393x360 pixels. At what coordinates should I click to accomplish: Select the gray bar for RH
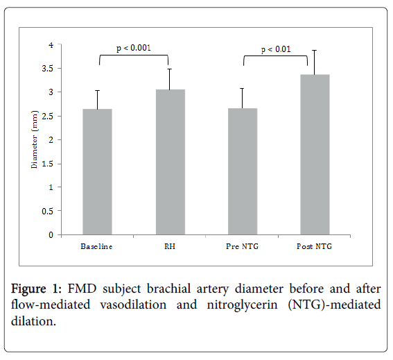[x=170, y=162]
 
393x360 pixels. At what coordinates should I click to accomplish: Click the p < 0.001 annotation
[x=133, y=49]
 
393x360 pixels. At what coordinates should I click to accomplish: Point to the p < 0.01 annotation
[x=275, y=49]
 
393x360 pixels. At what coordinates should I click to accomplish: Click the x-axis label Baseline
[x=96, y=246]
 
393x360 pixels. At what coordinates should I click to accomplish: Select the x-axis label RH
[x=169, y=246]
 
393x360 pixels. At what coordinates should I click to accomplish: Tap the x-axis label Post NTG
[x=314, y=246]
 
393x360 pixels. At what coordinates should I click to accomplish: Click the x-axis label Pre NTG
[x=242, y=246]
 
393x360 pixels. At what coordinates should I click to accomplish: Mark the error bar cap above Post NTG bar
[x=314, y=50]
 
